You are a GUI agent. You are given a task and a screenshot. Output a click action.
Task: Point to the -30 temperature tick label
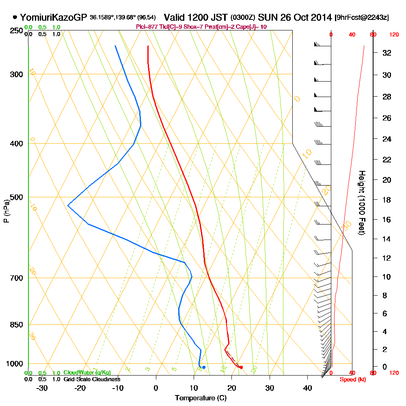click(42, 388)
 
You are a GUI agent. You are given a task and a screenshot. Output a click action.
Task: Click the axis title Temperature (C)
click(201, 398)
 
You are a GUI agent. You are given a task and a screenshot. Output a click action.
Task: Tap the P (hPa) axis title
click(6, 211)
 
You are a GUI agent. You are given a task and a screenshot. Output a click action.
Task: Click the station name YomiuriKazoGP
click(53, 17)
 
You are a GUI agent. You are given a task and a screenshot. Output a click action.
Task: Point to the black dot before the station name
click(15, 17)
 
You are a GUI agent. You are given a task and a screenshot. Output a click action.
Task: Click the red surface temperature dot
click(241, 367)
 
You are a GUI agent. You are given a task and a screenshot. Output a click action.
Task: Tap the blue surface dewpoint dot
click(204, 367)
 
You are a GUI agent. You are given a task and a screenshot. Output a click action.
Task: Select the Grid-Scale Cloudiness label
click(91, 379)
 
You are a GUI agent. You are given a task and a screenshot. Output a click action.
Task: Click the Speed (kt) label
click(352, 379)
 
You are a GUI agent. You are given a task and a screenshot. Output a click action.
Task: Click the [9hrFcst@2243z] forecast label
click(362, 18)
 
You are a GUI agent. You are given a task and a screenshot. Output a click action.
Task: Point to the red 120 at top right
click(394, 35)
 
